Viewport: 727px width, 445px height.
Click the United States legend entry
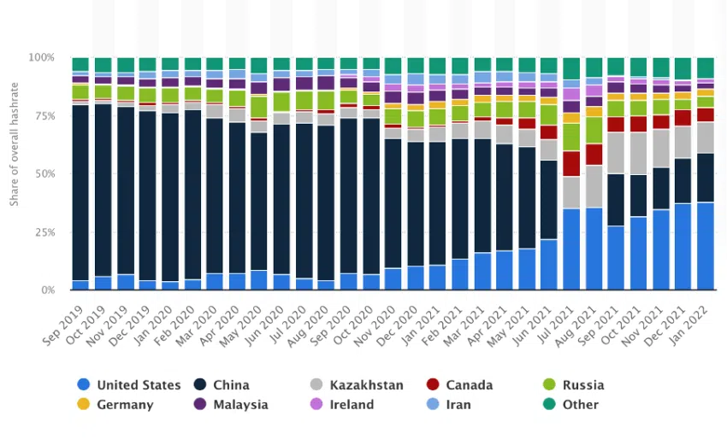[x=128, y=384]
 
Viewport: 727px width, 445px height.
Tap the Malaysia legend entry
[x=230, y=404]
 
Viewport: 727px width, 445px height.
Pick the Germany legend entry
[x=116, y=404]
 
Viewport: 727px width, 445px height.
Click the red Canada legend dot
[x=432, y=384]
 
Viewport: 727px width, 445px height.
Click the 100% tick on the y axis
[x=42, y=58]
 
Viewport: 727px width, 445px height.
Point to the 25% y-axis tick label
[x=44, y=232]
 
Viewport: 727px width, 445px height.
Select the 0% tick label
[x=48, y=290]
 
